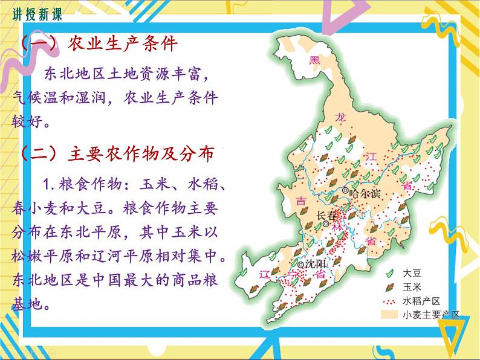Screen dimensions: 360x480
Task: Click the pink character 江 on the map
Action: pyautogui.click(x=370, y=157)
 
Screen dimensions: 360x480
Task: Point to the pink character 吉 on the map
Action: pyautogui.click(x=300, y=201)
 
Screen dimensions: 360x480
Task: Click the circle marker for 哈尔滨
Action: pyautogui.click(x=346, y=191)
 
